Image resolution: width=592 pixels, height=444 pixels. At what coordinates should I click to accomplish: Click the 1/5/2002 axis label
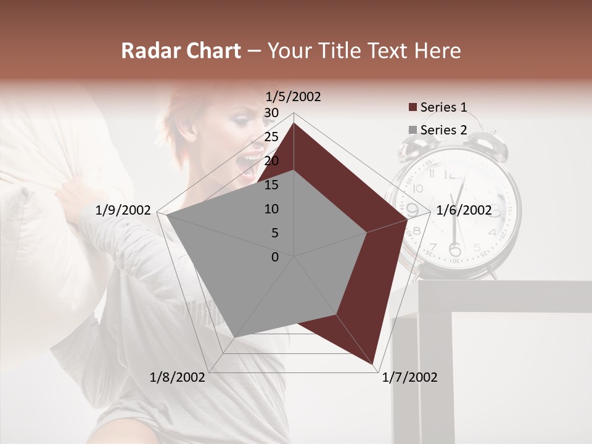click(294, 97)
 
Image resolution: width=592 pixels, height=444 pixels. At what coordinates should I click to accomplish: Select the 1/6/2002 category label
click(464, 210)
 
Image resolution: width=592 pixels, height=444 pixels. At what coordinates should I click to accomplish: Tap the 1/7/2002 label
click(409, 377)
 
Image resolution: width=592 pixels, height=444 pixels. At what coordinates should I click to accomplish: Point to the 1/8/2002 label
click(178, 377)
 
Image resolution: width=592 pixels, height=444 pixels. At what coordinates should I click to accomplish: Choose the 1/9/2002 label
click(123, 210)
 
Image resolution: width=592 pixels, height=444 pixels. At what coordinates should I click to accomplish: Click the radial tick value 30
click(271, 113)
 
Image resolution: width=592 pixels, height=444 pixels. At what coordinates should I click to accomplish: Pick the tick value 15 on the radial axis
click(271, 185)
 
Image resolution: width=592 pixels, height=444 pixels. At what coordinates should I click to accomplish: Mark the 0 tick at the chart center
click(275, 257)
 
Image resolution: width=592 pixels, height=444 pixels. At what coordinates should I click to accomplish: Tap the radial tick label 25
click(271, 137)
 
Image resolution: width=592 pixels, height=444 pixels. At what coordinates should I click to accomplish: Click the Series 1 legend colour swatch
click(413, 108)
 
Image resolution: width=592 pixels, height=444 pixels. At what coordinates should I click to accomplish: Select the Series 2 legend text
click(443, 130)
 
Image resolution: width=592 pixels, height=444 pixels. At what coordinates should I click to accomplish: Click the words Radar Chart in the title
click(181, 51)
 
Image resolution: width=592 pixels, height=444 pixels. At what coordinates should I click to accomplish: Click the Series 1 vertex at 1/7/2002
click(374, 363)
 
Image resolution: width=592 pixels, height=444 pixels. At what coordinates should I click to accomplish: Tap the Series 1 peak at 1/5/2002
click(294, 123)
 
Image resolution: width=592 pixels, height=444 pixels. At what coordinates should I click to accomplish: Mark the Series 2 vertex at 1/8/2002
click(234, 338)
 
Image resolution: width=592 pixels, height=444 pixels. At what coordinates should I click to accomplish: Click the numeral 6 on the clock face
click(455, 250)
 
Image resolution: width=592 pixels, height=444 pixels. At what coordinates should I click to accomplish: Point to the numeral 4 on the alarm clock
click(491, 233)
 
